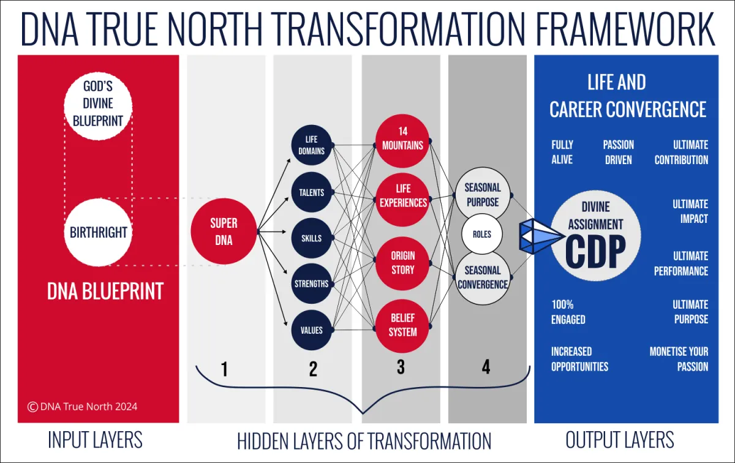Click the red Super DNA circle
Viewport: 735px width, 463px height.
[224, 231]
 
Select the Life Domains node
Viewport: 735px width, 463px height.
[311, 145]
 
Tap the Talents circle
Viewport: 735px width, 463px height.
[311, 192]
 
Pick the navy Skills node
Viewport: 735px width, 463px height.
[311, 238]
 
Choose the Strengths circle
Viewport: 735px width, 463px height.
[311, 284]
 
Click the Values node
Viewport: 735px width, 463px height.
[311, 330]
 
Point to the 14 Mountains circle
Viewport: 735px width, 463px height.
[402, 141]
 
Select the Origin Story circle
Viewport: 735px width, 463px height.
[402, 263]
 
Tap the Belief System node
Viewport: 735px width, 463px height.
[402, 326]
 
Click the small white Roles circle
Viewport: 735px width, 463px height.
[481, 235]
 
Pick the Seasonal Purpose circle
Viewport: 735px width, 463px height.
[483, 194]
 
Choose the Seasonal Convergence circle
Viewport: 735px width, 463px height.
[483, 277]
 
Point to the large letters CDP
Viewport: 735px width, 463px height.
[595, 252]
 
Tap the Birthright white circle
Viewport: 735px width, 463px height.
[98, 232]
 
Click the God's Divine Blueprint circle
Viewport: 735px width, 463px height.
[98, 106]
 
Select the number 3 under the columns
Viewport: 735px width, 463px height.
[401, 367]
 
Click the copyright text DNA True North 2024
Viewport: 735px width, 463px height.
[82, 407]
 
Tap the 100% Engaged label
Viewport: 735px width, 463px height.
[568, 312]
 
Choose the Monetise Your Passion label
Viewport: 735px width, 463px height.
[679, 359]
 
